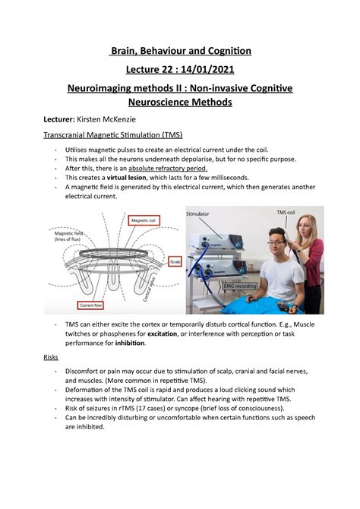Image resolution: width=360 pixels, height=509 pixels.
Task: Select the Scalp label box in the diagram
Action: [x=173, y=258]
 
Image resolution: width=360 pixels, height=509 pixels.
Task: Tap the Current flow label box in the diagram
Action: [x=98, y=305]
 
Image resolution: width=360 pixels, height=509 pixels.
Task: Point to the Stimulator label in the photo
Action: [x=201, y=215]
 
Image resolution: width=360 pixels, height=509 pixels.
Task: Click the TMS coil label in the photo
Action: [x=287, y=211]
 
